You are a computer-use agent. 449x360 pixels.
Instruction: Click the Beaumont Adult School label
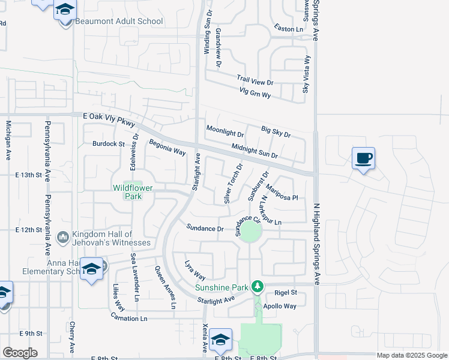pyautogui.click(x=119, y=22)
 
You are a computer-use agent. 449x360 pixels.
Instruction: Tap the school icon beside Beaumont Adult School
pyautogui.click(x=65, y=11)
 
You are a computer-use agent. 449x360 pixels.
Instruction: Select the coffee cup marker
pyautogui.click(x=363, y=158)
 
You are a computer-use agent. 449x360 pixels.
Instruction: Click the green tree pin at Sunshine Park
pyautogui.click(x=258, y=286)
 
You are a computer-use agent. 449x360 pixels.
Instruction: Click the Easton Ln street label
pyautogui.click(x=289, y=29)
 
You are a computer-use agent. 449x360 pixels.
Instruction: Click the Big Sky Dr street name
pyautogui.click(x=276, y=132)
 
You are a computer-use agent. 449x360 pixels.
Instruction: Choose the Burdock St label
pyautogui.click(x=108, y=144)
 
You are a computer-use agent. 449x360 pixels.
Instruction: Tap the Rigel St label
pyautogui.click(x=286, y=292)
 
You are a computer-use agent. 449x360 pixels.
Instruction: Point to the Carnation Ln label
pyautogui.click(x=128, y=318)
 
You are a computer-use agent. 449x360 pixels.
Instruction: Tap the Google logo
pyautogui.click(x=20, y=353)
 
